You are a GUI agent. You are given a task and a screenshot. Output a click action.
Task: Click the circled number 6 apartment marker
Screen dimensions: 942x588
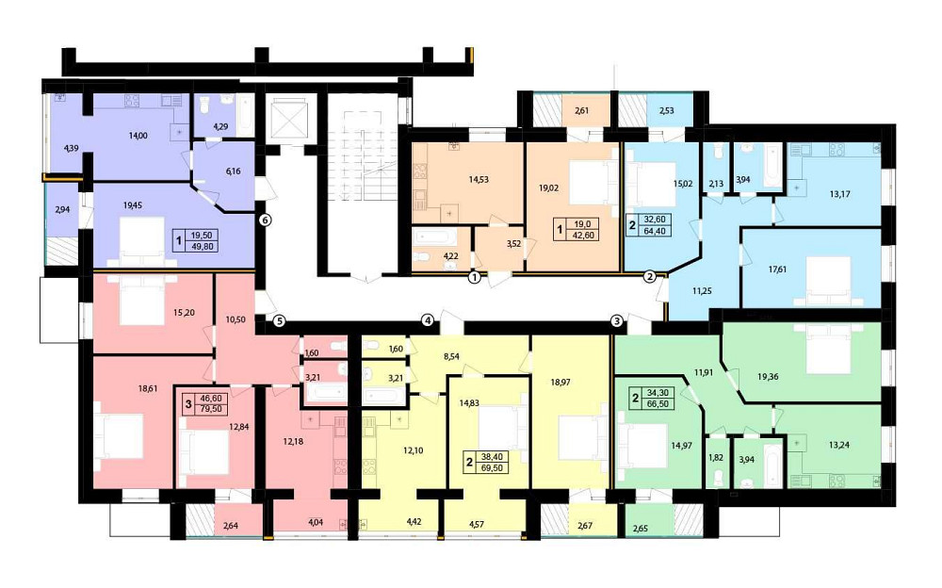(266, 220)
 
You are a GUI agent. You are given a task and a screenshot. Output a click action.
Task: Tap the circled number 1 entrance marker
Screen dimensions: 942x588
(475, 278)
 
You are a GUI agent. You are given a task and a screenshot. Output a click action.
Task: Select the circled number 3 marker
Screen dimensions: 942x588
(616, 320)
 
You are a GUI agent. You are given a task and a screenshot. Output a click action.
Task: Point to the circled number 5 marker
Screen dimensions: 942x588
(279, 320)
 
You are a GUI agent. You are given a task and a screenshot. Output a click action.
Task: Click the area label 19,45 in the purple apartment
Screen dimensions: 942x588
(133, 205)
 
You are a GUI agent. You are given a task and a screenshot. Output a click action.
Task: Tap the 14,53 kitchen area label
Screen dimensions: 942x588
(479, 179)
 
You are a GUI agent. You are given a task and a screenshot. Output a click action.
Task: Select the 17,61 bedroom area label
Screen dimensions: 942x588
(777, 269)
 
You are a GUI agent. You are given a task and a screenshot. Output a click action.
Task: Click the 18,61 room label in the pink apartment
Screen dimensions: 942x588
(147, 389)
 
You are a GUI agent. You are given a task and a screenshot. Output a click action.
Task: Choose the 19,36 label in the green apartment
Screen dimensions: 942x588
(768, 377)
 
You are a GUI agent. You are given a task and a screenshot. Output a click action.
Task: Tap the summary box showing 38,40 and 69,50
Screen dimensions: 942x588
(486, 462)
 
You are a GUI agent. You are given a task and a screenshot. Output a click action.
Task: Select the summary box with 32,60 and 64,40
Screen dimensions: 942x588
(649, 225)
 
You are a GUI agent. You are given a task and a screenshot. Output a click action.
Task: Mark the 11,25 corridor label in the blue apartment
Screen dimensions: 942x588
(702, 290)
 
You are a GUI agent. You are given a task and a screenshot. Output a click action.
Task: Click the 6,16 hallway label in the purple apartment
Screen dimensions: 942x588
(233, 171)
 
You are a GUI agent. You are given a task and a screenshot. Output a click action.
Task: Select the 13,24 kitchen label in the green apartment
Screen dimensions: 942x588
(838, 446)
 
